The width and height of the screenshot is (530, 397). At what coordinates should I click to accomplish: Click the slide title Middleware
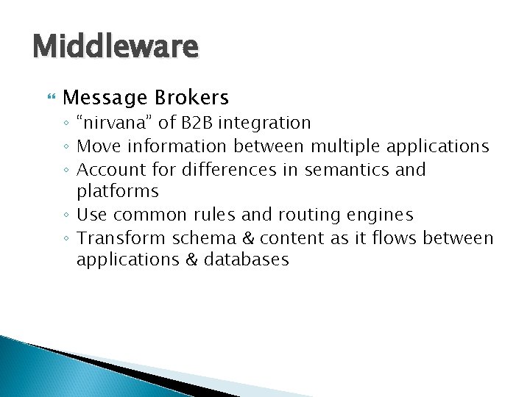[116, 47]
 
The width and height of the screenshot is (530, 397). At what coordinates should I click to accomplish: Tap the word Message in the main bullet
[105, 98]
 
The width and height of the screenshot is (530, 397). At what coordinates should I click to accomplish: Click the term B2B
[194, 122]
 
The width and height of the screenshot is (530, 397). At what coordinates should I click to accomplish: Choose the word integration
[264, 123]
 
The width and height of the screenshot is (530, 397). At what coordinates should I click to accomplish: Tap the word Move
[97, 146]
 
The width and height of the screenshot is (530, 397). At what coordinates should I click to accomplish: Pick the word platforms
[117, 192]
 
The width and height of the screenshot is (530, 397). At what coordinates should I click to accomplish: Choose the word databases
[246, 260]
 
